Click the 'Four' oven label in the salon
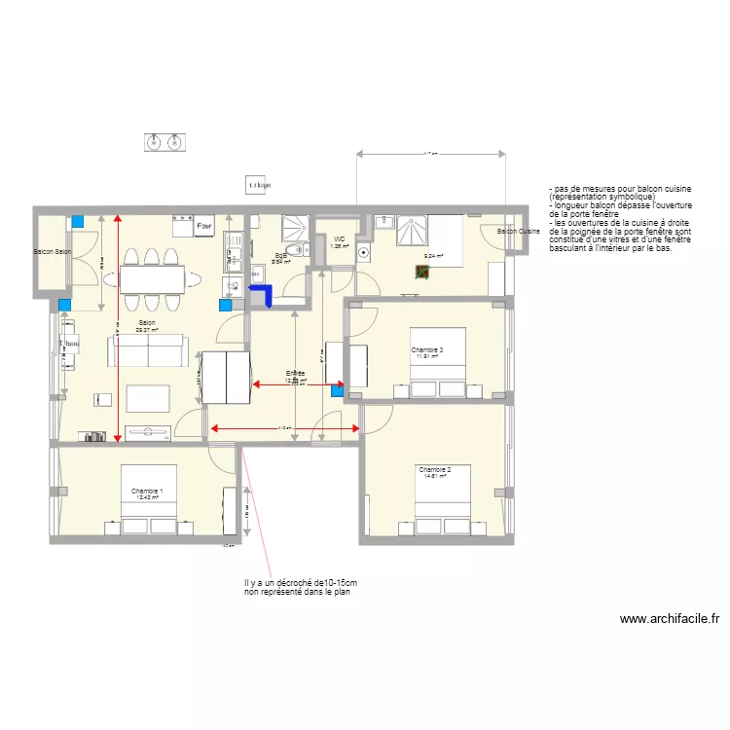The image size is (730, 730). [x=203, y=227]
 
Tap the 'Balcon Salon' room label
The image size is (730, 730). [x=53, y=252]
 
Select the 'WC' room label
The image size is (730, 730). [x=340, y=239]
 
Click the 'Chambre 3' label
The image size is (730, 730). [x=427, y=350]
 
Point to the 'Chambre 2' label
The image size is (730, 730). [x=432, y=470]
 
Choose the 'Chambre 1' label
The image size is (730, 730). [x=147, y=492]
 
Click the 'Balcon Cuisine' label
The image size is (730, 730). [x=518, y=232]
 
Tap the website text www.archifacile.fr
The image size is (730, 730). [x=669, y=618]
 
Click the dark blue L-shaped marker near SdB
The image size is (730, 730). [x=261, y=294]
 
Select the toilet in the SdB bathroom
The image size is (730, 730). [x=231, y=285]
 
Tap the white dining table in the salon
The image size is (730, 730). [x=152, y=279]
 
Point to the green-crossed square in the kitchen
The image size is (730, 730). [x=422, y=273]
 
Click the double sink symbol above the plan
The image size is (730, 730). [x=164, y=142]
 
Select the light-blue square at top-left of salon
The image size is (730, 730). [x=77, y=222]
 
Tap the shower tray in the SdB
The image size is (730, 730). [x=294, y=229]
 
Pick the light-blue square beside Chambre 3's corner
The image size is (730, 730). [x=338, y=391]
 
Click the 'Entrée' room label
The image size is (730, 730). [x=295, y=374]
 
